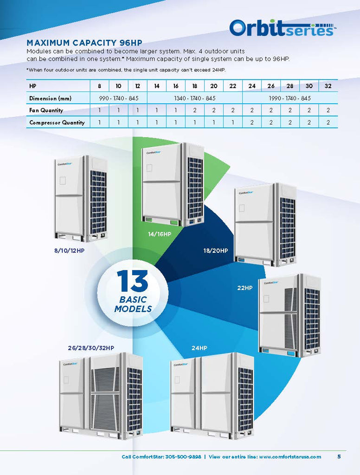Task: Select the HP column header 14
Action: tap(156, 86)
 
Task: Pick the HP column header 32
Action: tap(328, 86)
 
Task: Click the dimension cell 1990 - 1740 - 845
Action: tap(290, 98)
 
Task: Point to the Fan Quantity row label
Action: tap(46, 110)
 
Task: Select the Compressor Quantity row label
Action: tap(57, 122)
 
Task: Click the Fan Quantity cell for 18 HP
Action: tap(194, 110)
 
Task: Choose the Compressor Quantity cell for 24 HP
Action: tap(252, 122)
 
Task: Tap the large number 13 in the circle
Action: tap(132, 281)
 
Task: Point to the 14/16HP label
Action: tap(160, 234)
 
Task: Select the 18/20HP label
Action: tap(216, 250)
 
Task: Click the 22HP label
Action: tap(245, 288)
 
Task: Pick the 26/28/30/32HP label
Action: tap(91, 347)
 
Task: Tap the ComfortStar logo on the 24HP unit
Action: tap(180, 365)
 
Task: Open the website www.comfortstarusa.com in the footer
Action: tap(290, 457)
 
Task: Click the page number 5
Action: tap(339, 456)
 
